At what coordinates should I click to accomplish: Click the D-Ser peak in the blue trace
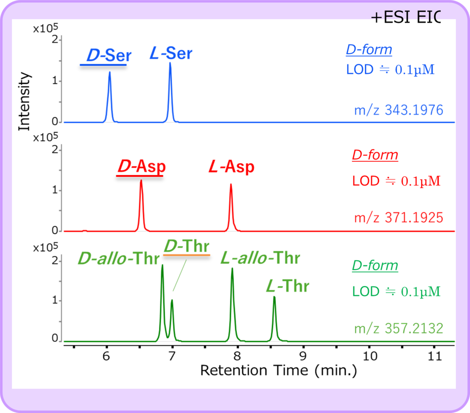[109, 73]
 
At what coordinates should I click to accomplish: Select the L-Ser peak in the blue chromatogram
[170, 64]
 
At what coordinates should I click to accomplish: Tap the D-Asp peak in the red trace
[141, 182]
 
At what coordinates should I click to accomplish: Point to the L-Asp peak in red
[231, 186]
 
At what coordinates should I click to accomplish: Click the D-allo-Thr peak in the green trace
[162, 266]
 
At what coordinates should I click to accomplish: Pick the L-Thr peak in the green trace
[274, 298]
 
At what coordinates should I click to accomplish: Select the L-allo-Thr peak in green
[232, 270]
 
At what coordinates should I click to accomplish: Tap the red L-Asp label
[231, 167]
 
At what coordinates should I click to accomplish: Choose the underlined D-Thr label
[186, 247]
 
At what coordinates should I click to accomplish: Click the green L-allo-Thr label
[260, 258]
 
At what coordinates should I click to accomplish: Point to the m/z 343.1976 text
[398, 110]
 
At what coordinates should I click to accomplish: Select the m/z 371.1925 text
[398, 217]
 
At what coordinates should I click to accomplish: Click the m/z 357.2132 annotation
[398, 329]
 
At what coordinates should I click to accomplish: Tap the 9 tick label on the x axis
[303, 356]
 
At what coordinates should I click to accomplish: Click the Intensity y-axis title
[24, 101]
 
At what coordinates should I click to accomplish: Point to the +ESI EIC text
[405, 17]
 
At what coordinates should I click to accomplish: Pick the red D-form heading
[375, 155]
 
